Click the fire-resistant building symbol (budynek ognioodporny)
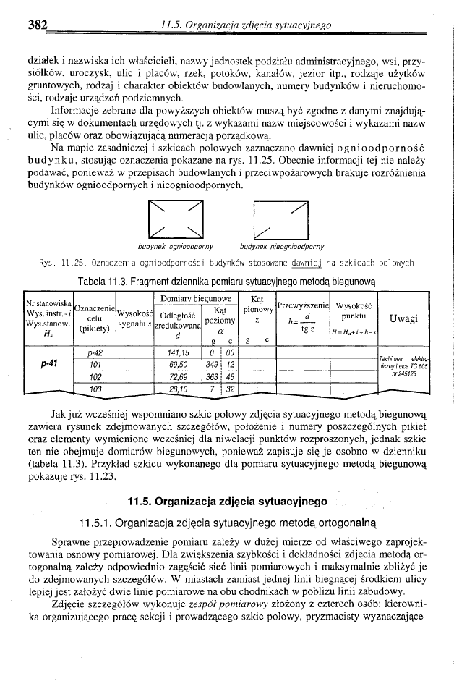click(x=173, y=217)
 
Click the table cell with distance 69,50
click(x=178, y=365)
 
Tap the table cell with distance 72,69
click(x=178, y=377)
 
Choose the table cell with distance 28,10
click(x=178, y=389)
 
